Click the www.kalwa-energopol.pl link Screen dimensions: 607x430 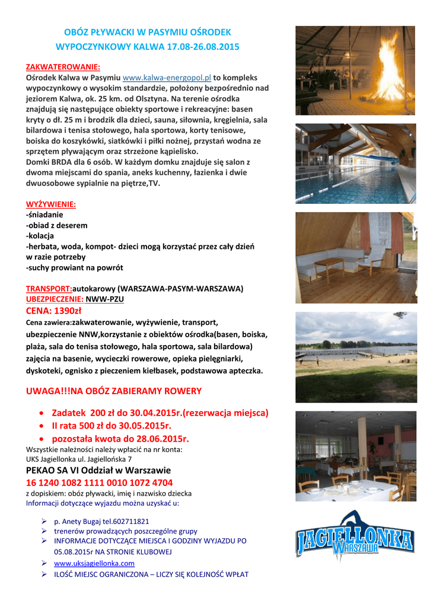coord(171,78)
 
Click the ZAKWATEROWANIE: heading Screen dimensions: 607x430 coord(63,67)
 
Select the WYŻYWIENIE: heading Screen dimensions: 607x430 coord(51,205)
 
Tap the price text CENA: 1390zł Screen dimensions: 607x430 coord(54,311)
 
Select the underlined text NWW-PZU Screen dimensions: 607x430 coord(105,299)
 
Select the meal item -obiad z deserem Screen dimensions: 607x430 coord(57,225)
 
